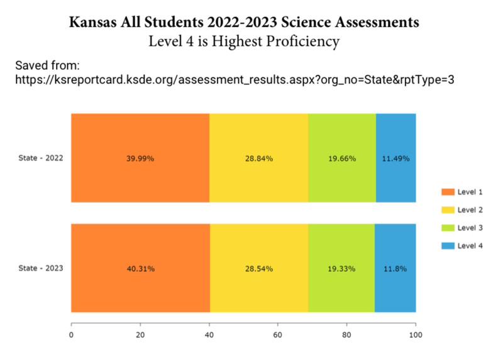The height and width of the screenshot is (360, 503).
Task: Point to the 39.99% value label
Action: [140, 159]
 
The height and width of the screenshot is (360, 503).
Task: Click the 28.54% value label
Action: [259, 269]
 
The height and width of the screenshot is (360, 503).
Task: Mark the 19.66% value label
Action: [341, 159]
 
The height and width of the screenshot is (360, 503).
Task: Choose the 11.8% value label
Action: [395, 269]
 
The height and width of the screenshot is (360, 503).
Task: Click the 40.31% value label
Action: [140, 269]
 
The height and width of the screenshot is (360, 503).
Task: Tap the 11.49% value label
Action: [395, 159]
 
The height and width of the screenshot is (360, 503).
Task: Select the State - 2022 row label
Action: [40, 158]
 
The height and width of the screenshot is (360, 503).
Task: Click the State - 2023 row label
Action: [40, 268]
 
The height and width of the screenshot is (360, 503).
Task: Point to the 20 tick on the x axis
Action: [140, 335]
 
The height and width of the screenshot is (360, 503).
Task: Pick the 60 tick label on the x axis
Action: [277, 335]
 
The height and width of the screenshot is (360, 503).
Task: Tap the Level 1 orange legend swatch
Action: [448, 191]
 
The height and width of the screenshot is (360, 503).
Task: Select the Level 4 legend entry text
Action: [470, 245]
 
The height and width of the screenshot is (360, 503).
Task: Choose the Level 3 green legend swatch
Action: [448, 227]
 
